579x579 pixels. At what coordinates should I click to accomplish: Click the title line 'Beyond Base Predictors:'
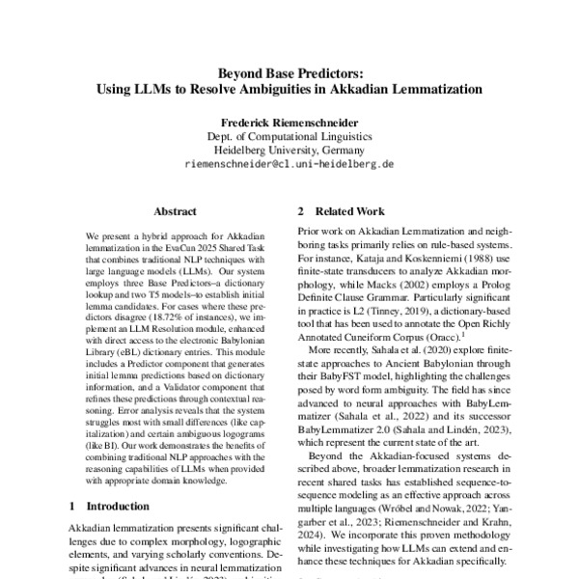coord(289,70)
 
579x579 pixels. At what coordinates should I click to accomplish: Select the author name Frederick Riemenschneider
coord(289,123)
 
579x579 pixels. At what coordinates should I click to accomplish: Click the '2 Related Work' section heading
coord(342,211)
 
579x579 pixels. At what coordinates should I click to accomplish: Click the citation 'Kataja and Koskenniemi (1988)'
coord(421,261)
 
